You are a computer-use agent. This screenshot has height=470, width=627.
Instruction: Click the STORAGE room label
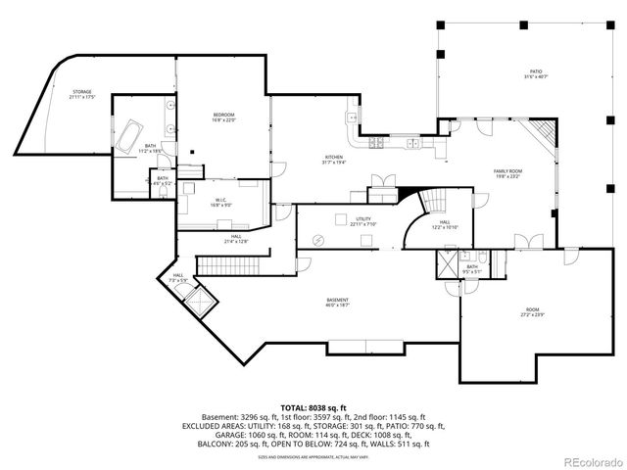81,94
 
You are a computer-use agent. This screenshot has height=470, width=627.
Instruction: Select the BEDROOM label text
222,117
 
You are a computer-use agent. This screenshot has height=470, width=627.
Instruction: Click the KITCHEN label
334,160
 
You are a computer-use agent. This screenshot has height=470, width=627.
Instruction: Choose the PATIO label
535,73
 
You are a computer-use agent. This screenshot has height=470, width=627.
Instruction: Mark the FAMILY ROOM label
507,173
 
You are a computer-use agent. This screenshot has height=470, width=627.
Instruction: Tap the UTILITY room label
363,221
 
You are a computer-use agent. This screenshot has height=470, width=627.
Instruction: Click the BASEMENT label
338,303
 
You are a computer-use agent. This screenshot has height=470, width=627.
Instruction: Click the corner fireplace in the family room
542,132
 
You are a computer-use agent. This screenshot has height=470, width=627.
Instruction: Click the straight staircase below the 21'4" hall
231,264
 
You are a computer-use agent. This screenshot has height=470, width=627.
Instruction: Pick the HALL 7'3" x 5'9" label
178,279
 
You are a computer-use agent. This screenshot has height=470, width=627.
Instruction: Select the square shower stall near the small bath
448,264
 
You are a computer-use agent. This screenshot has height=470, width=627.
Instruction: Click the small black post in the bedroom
194,151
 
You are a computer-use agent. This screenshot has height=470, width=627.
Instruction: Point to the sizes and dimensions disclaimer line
313,455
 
